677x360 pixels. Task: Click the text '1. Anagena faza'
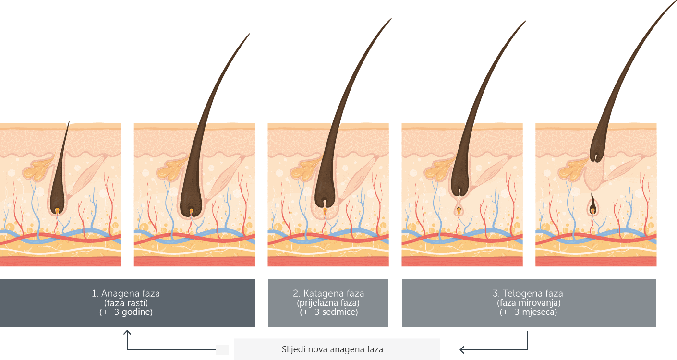[x=126, y=293]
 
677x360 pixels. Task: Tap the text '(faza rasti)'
[x=126, y=302]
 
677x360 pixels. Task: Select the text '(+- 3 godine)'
[x=126, y=312]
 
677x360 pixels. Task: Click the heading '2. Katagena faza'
[x=328, y=293]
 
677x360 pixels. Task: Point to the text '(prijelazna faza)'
[x=328, y=302]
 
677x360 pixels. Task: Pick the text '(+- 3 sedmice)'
[x=328, y=312]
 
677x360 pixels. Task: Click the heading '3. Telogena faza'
[x=528, y=293]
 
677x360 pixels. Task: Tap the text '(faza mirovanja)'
[x=529, y=302]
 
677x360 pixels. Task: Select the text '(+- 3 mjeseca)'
[x=528, y=312]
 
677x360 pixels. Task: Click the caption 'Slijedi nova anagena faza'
[x=332, y=349]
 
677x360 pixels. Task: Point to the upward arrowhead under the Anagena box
[x=127, y=332]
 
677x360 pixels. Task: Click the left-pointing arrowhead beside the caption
[x=462, y=350]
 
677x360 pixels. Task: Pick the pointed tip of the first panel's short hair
[x=69, y=122]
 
